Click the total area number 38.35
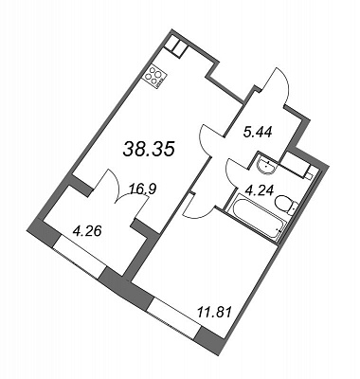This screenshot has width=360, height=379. click(149, 149)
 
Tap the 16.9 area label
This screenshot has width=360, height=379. click(142, 189)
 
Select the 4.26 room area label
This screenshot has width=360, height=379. click(87, 231)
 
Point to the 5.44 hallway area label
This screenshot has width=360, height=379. click(258, 133)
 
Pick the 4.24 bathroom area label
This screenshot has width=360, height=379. click(260, 190)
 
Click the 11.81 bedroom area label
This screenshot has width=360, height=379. click(214, 312)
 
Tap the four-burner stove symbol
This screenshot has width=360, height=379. click(154, 77)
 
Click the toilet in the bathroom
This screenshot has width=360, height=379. click(286, 204)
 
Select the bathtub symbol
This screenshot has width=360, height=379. click(257, 220)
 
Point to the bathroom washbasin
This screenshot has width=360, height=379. click(265, 165)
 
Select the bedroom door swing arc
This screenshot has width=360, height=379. click(198, 211)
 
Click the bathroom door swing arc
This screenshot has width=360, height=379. click(235, 172)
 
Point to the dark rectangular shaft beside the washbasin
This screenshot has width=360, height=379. click(295, 166)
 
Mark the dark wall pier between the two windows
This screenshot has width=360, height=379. click(126, 288)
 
